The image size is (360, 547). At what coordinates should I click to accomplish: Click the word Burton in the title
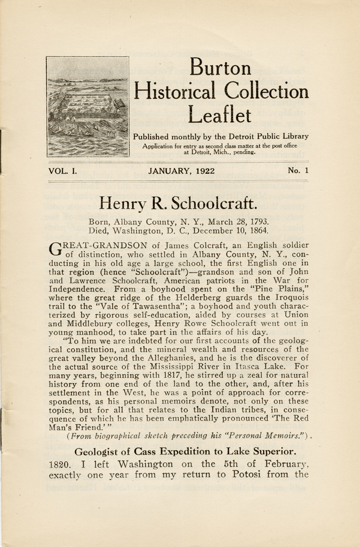pos(220,68)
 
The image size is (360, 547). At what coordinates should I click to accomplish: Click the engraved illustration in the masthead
pos(88,107)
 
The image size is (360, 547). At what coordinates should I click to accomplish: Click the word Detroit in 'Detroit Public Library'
pos(231,136)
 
